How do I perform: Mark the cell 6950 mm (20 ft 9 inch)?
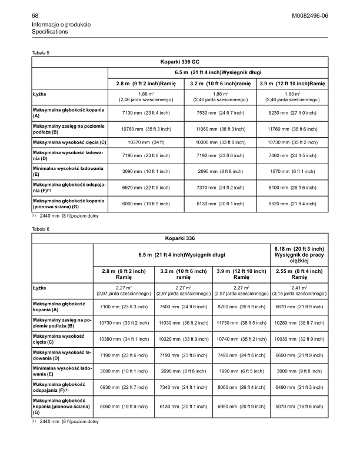click(241, 406)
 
